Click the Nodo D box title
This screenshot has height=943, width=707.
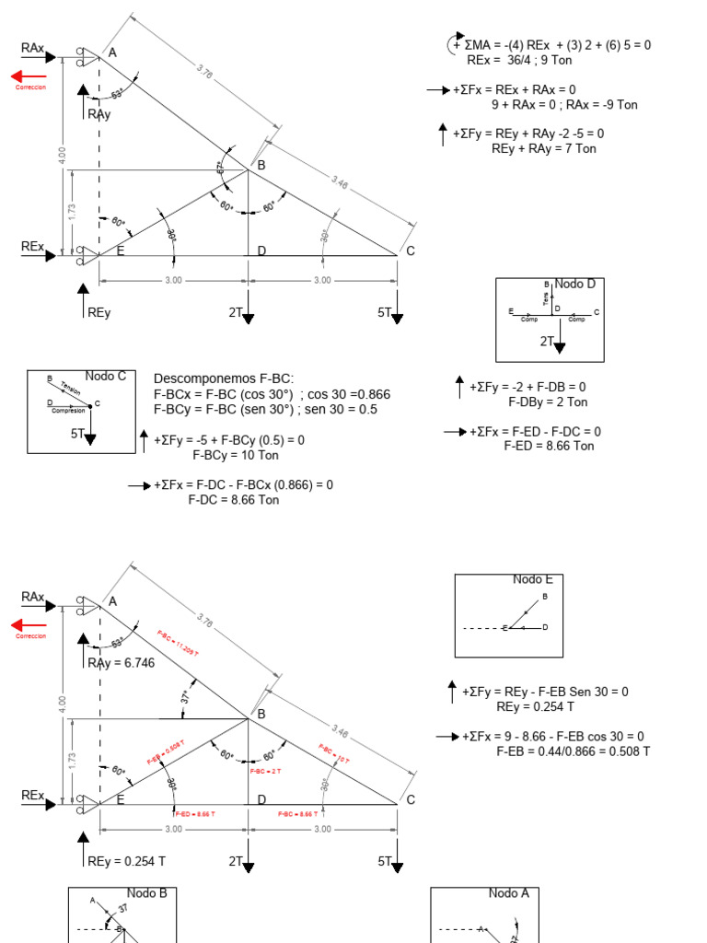[x=574, y=284]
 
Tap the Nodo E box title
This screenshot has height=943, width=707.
[x=533, y=579]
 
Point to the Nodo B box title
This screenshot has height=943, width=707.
[x=147, y=892]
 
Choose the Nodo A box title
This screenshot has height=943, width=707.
[x=509, y=892]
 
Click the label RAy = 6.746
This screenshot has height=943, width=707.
[x=122, y=662]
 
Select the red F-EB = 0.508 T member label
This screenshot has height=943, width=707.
[x=165, y=754]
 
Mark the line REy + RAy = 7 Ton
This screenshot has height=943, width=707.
[x=543, y=148]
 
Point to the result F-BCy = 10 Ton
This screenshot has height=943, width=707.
[x=235, y=455]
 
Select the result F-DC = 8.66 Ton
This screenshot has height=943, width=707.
[x=233, y=500]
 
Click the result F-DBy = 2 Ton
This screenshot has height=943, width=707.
[x=548, y=402]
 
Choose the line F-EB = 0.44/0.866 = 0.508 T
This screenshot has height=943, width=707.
[x=573, y=751]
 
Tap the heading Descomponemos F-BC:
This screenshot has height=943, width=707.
[x=224, y=378]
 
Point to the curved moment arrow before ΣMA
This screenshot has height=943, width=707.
[x=456, y=43]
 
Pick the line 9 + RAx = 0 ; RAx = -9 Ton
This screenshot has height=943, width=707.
[x=563, y=104]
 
